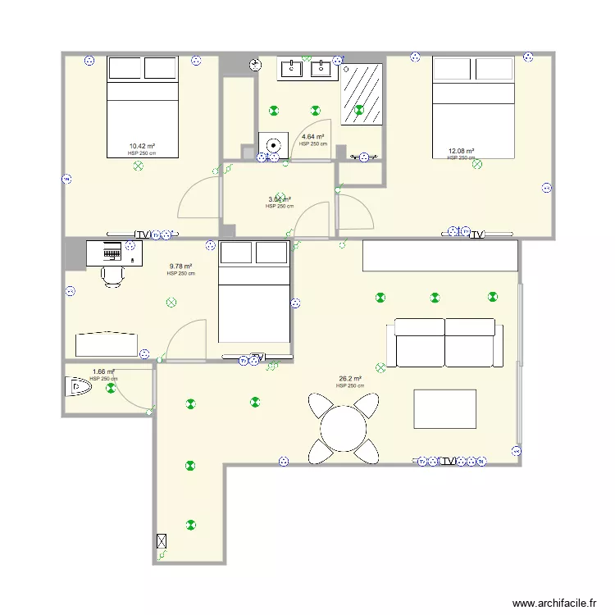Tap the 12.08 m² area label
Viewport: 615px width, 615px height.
(x=461, y=151)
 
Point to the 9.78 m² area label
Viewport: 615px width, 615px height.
(x=180, y=266)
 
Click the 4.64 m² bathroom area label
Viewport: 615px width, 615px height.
(x=312, y=137)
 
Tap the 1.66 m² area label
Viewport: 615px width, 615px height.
(x=103, y=371)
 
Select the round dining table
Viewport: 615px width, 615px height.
(x=344, y=428)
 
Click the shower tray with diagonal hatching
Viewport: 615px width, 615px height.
(x=362, y=93)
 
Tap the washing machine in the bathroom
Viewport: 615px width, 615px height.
(x=271, y=144)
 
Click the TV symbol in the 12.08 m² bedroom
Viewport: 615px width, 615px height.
(x=476, y=235)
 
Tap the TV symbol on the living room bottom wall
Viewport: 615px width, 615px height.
(x=447, y=462)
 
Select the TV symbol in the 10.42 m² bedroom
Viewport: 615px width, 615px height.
(x=143, y=235)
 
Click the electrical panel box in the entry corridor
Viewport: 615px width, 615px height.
(x=162, y=541)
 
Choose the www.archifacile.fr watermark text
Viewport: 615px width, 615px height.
(x=553, y=603)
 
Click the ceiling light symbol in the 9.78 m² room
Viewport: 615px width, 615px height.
(x=171, y=303)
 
